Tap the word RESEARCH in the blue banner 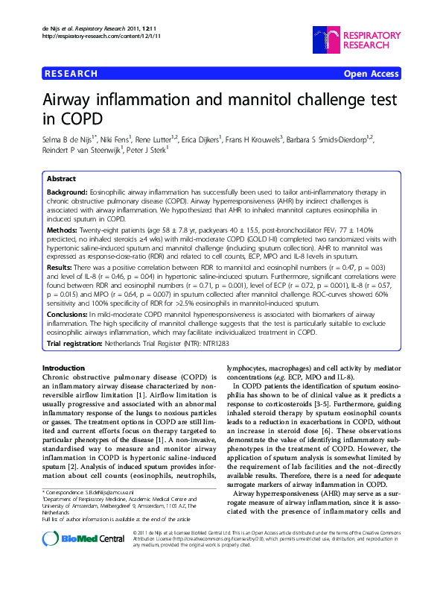click(71, 74)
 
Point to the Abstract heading click(61, 179)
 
